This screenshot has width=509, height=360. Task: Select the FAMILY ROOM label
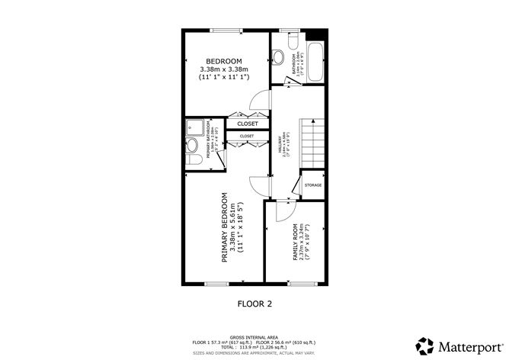(296, 243)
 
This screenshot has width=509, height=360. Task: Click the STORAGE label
(313, 185)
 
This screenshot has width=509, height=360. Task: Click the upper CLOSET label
(248, 124)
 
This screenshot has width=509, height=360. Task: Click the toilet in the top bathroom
(280, 56)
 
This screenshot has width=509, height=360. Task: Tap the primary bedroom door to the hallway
(259, 183)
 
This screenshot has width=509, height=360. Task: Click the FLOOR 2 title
(254, 304)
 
